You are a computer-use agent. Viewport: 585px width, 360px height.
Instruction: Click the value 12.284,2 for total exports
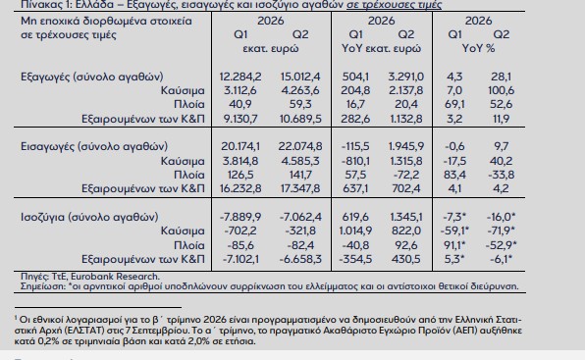tap(240, 77)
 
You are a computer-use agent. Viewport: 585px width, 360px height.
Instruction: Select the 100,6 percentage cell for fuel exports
tap(501, 90)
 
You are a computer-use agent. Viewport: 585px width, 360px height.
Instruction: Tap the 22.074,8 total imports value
tap(300, 146)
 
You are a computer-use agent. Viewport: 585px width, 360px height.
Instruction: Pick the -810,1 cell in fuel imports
tap(355, 161)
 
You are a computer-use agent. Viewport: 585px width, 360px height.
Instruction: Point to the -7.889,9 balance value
tap(240, 217)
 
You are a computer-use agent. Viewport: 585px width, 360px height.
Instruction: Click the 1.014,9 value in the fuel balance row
tap(355, 231)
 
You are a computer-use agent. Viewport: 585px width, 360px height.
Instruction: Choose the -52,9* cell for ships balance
tap(502, 245)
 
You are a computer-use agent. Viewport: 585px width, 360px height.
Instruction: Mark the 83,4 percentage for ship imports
tap(454, 175)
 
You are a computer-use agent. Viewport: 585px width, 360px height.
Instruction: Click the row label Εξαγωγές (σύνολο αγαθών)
tap(92, 77)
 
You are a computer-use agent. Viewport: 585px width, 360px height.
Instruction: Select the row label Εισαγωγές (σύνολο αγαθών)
tap(94, 146)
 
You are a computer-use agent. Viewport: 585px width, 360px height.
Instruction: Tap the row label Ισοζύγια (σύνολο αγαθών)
tap(89, 217)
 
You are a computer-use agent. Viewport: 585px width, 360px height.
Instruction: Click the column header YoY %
tap(478, 48)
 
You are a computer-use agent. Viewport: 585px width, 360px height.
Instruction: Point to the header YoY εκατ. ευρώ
tap(381, 48)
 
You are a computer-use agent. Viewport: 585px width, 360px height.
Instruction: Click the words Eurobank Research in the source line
tap(115, 277)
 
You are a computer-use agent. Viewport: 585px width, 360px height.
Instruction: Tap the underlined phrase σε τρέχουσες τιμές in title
tap(394, 5)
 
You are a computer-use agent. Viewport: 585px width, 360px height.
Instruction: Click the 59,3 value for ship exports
tap(300, 104)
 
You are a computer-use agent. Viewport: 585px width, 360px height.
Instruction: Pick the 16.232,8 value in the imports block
tap(240, 188)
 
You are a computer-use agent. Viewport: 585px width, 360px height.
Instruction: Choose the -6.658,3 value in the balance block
tap(300, 259)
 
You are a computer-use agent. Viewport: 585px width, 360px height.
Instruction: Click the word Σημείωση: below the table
tap(43, 286)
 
